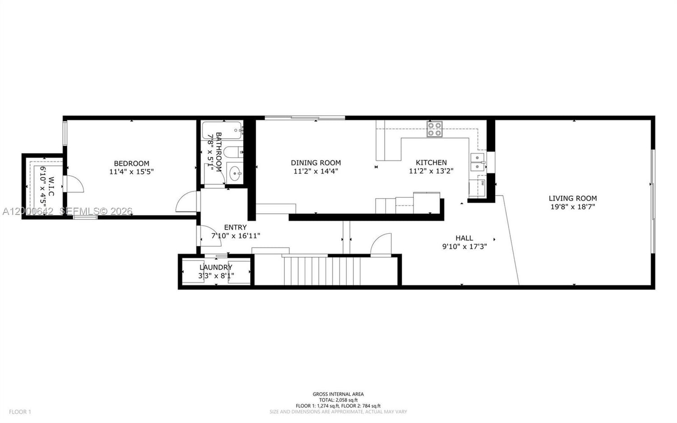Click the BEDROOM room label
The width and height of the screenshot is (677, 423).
click(131, 164)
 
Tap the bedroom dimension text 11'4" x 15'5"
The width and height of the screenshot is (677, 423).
click(131, 172)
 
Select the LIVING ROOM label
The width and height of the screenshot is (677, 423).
click(572, 198)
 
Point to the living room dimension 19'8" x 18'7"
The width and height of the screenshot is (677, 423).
click(572, 207)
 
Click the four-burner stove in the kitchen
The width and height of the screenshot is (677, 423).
click(435, 129)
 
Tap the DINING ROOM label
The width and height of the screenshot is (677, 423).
click(315, 163)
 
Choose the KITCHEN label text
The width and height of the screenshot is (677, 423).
click(431, 163)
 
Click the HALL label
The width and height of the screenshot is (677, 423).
click(464, 238)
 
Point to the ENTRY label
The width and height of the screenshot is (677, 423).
click(235, 227)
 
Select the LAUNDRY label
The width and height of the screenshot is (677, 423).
click(216, 268)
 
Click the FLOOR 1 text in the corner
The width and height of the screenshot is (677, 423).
click(20, 412)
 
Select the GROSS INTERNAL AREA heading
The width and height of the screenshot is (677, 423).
click(338, 394)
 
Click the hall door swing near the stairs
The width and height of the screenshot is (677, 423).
click(381, 244)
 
